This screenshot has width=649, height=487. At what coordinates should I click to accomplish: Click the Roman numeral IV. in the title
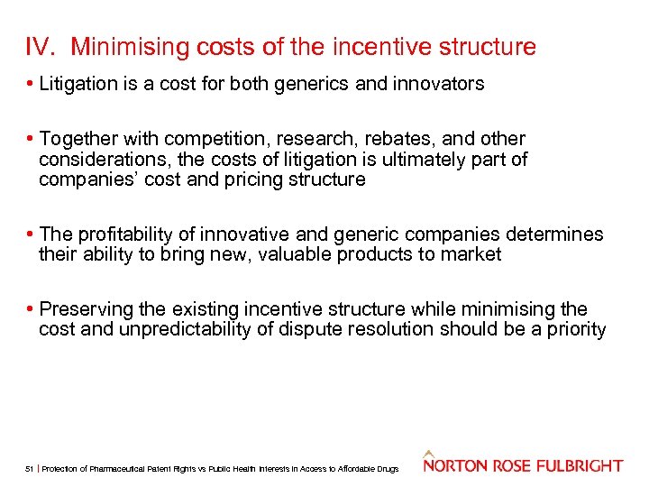coord(42,46)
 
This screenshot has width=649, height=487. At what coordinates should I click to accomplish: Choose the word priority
coord(571,329)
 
